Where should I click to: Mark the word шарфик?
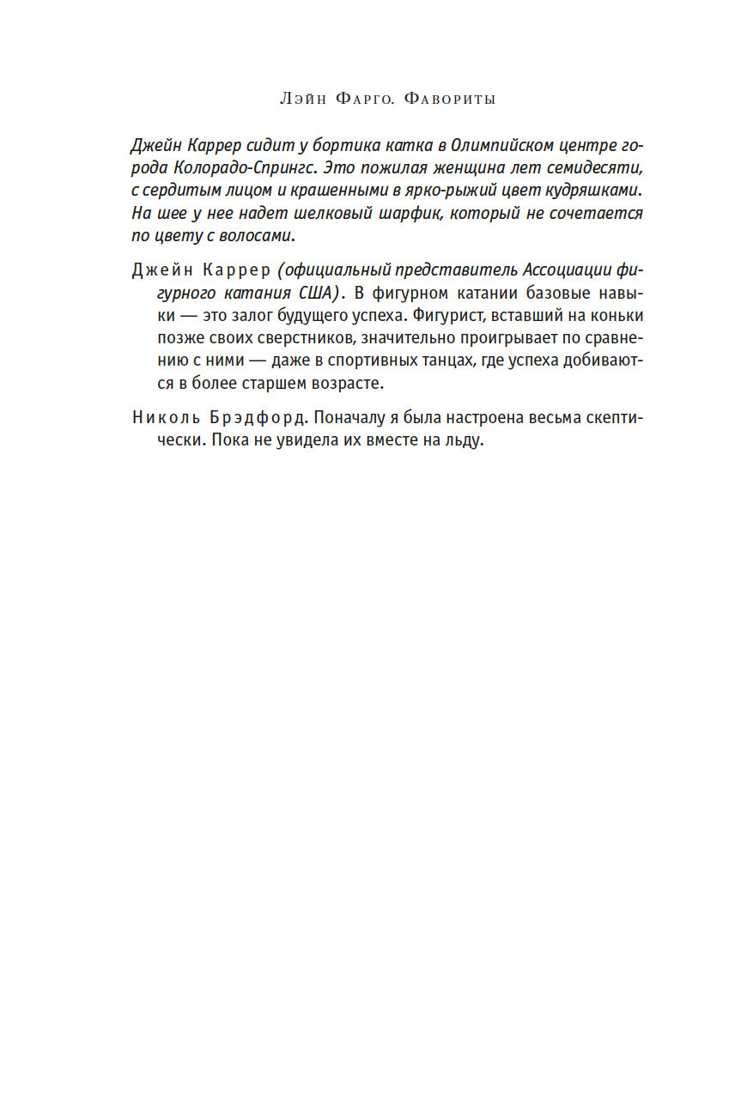(416, 212)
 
